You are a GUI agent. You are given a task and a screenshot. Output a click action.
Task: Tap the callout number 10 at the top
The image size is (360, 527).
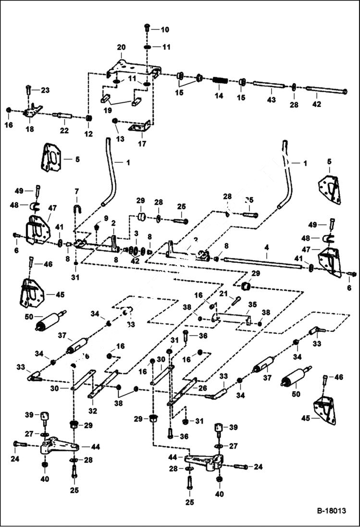165,30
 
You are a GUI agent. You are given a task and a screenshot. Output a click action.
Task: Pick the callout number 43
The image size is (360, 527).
272,99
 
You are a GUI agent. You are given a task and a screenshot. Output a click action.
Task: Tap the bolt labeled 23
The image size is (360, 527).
29,90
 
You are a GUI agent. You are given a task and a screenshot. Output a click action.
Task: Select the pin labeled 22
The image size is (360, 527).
64,116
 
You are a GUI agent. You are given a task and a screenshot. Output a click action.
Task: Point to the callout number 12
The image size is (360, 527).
88,134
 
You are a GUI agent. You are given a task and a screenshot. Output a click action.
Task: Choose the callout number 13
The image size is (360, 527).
120,139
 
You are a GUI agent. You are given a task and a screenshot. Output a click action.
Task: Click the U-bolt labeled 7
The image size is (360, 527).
76,209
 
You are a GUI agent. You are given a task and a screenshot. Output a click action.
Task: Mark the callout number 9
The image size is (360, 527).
107,218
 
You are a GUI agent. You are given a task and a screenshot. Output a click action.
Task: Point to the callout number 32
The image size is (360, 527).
92,411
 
